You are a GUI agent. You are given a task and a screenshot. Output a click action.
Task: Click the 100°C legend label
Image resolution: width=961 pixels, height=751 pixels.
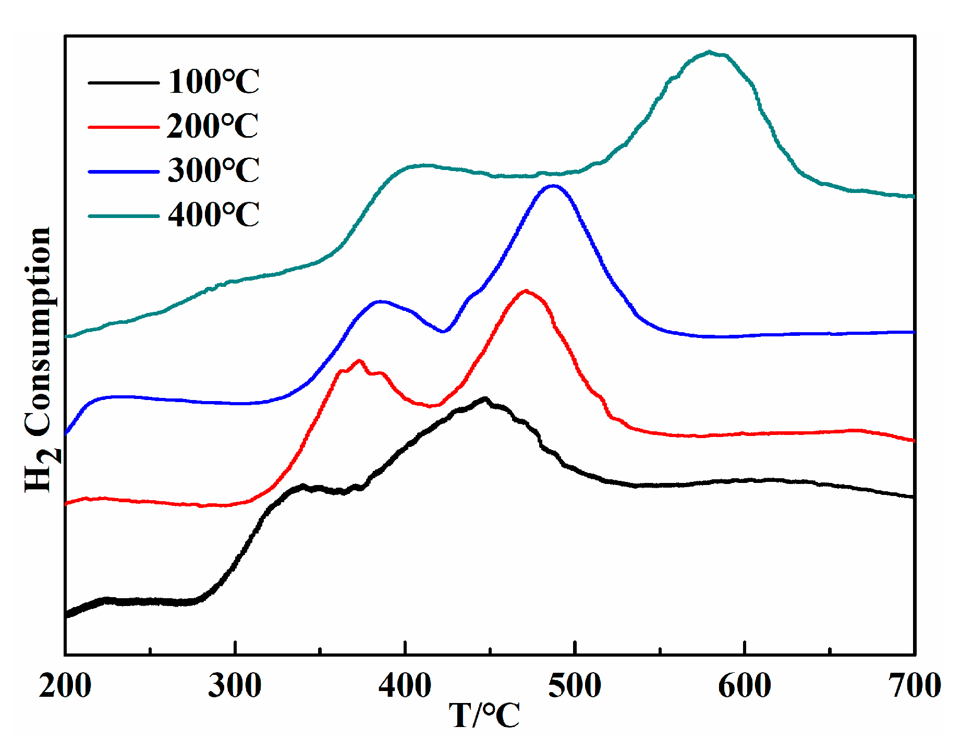click(x=213, y=82)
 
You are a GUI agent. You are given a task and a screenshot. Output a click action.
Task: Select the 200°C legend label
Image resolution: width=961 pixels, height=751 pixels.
click(x=212, y=126)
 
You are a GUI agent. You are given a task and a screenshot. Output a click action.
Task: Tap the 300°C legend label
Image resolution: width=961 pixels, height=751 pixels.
click(x=213, y=171)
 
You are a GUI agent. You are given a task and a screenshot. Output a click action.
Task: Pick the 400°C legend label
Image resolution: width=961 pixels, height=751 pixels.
click(x=213, y=215)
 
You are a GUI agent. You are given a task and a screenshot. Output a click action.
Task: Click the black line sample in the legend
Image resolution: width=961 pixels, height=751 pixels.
click(x=124, y=82)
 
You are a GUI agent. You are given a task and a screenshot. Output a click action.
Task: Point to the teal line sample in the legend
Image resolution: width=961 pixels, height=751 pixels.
click(x=124, y=216)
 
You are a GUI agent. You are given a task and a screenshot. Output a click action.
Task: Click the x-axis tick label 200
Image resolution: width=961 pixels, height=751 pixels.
click(x=65, y=686)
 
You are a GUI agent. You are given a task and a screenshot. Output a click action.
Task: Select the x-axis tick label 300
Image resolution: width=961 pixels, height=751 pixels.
click(x=235, y=686)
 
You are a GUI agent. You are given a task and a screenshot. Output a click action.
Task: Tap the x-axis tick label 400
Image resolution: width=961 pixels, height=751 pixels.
click(x=405, y=686)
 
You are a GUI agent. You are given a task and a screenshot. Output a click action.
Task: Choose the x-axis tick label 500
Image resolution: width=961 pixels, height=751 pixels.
click(x=575, y=686)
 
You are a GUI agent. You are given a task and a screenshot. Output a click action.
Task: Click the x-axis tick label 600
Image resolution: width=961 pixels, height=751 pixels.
click(x=745, y=686)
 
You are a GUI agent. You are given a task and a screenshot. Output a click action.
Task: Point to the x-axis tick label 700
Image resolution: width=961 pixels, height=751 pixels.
click(x=915, y=686)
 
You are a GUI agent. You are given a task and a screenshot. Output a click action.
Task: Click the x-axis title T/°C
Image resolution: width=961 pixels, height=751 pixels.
click(x=484, y=716)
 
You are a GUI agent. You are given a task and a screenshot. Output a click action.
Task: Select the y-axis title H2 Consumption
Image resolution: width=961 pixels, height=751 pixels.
click(x=39, y=360)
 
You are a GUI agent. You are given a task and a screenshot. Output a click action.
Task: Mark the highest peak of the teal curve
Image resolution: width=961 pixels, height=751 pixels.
click(x=709, y=52)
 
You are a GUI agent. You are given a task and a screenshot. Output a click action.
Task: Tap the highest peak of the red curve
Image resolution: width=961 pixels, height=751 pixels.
click(x=526, y=291)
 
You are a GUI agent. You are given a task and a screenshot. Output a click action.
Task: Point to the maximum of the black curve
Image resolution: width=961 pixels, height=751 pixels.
click(x=485, y=399)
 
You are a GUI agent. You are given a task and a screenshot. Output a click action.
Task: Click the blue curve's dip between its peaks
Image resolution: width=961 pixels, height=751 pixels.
click(x=443, y=331)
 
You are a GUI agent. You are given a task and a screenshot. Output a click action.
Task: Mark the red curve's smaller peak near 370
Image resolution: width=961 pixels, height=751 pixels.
click(x=359, y=361)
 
